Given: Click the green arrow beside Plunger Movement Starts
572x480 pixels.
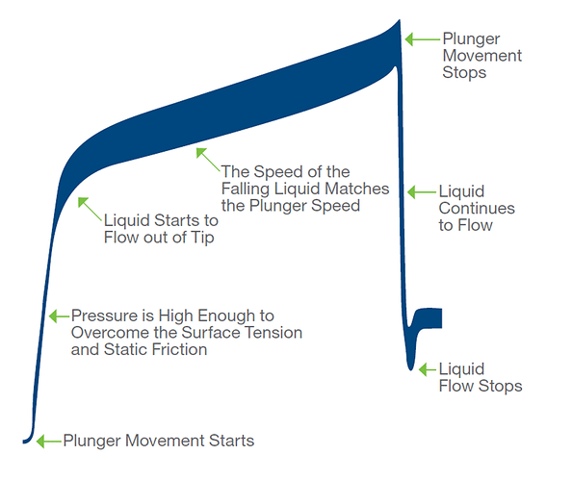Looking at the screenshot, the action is click(49, 441).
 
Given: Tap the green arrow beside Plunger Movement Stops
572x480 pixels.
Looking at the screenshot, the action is click(423, 39).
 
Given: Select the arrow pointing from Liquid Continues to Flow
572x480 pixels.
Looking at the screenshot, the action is click(422, 192).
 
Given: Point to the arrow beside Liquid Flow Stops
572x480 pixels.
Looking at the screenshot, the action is click(428, 369).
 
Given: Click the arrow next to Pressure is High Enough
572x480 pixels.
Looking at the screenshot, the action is click(59, 316).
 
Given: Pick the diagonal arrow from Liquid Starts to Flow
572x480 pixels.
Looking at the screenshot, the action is click(90, 209).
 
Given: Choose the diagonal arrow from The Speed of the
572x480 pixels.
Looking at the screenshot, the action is click(208, 160).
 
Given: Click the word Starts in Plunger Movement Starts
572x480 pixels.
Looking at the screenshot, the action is click(232, 441).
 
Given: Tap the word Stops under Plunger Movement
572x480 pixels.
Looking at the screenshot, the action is click(464, 72).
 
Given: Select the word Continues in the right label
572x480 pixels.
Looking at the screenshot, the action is click(477, 209).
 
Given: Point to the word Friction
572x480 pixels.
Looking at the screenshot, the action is click(180, 349).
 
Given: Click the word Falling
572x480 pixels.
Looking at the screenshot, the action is click(246, 189).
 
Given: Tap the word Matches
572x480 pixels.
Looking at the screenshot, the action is click(356, 189).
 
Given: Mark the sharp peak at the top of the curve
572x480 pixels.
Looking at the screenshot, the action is click(399, 20).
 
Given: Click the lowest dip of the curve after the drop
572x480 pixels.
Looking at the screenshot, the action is click(411, 368).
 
